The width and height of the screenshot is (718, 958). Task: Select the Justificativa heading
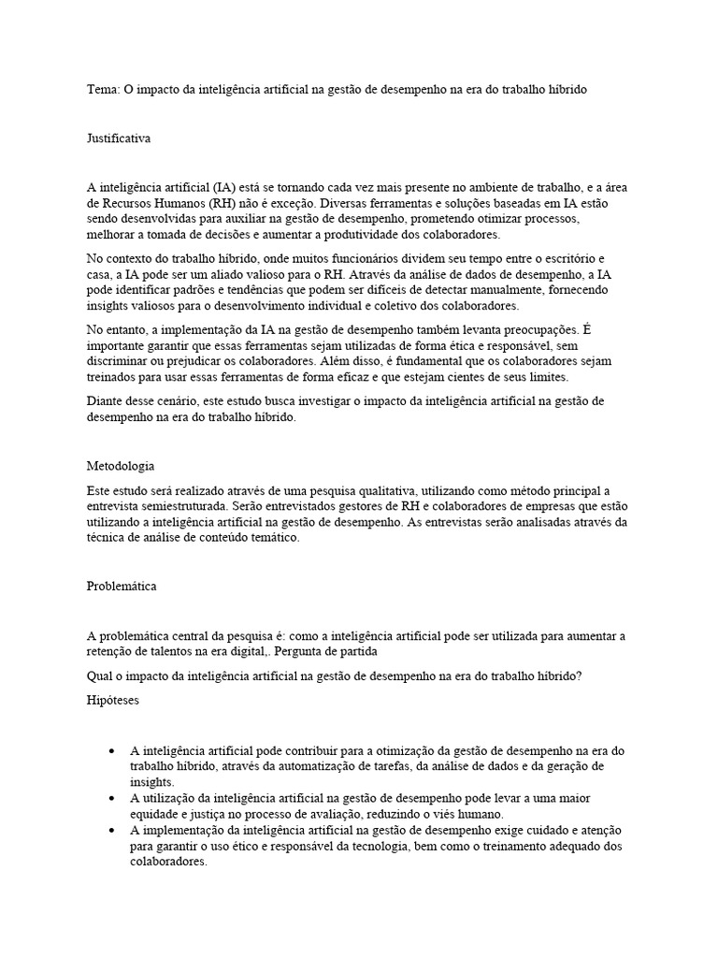click(119, 138)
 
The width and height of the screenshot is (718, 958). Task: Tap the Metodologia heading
click(121, 466)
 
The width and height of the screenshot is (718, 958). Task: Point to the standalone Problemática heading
click(122, 587)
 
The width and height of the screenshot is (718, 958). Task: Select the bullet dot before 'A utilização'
click(113, 798)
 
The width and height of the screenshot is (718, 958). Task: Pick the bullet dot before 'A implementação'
click(113, 831)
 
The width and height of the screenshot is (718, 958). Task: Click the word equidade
click(155, 814)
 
